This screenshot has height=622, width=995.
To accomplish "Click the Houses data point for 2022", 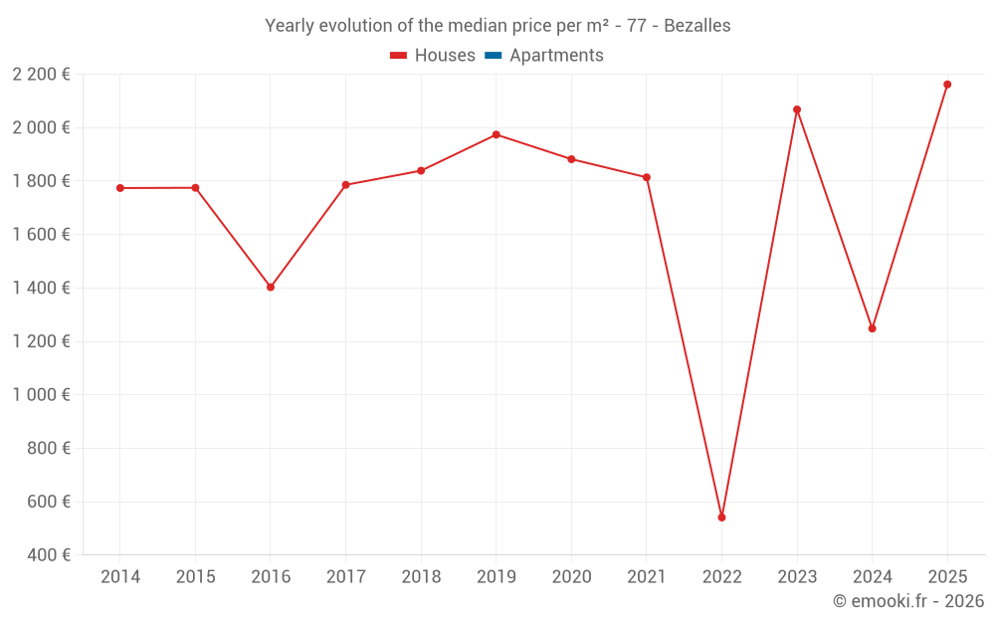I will coord(721,518).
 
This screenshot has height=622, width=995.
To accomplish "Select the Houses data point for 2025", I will coord(947,85).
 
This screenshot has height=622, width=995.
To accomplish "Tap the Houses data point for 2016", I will coord(271,287).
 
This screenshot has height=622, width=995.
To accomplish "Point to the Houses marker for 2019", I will coord(496,134).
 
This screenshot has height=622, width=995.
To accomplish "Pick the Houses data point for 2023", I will coord(797,109).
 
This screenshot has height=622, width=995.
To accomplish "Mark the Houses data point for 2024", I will coord(873,328).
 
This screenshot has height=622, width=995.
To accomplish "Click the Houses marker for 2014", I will coord(120,188).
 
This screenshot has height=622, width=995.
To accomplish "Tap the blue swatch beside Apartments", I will coord(493,56).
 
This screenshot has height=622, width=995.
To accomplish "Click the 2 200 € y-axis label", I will coord(41,74).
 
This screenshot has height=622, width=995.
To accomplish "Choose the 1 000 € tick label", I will coord(41,394).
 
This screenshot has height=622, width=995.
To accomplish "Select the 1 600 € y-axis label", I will coord(41,234).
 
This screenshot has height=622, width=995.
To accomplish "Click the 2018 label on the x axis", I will coord(421,577).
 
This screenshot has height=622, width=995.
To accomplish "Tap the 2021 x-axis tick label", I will coord(647,577).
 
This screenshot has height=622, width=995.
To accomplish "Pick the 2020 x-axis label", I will coord(571,577).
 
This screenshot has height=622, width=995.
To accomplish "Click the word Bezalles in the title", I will coord(696,26).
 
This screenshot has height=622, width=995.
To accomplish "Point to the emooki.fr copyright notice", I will coord(907,601).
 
